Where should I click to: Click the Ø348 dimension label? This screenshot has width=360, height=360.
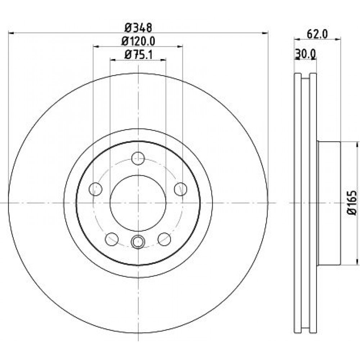coord(138,28)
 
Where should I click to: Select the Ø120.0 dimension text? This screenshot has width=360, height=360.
coord(138,41)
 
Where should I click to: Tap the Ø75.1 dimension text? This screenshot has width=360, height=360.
coord(138,55)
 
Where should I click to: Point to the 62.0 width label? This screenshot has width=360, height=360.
coord(317,35)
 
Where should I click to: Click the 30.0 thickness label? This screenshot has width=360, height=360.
coord(306,54)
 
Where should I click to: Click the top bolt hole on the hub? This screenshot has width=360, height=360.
coord(138,158)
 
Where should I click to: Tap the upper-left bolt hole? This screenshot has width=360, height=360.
coord(95,189)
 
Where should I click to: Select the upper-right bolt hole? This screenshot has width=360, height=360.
coord(181,189)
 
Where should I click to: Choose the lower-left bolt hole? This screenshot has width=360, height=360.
coord(112,239)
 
